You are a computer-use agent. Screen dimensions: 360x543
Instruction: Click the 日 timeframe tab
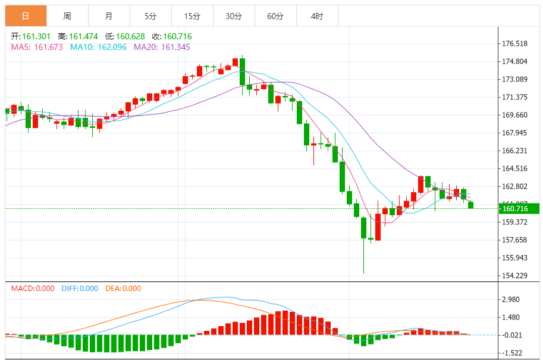coord(26,16)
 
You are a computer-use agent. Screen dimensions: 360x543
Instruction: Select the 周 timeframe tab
coord(67,16)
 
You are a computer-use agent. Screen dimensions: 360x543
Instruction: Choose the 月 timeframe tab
coord(108,16)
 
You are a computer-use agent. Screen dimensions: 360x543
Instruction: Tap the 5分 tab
coord(150,16)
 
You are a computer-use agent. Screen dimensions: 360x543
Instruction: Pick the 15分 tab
coord(192,16)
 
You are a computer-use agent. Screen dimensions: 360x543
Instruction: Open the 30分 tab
coord(233,16)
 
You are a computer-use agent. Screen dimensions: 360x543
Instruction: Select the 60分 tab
coord(275,16)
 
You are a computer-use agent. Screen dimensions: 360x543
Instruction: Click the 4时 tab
coord(316,16)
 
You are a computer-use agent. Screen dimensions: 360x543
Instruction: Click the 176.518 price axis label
coord(515,44)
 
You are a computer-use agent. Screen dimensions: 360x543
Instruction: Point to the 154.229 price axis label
coord(515,276)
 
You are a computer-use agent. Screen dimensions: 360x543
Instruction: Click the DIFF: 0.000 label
coord(80,289)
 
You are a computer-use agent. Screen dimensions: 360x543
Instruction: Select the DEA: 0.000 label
coord(123,289)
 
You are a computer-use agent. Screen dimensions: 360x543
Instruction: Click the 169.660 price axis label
coord(515,115)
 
